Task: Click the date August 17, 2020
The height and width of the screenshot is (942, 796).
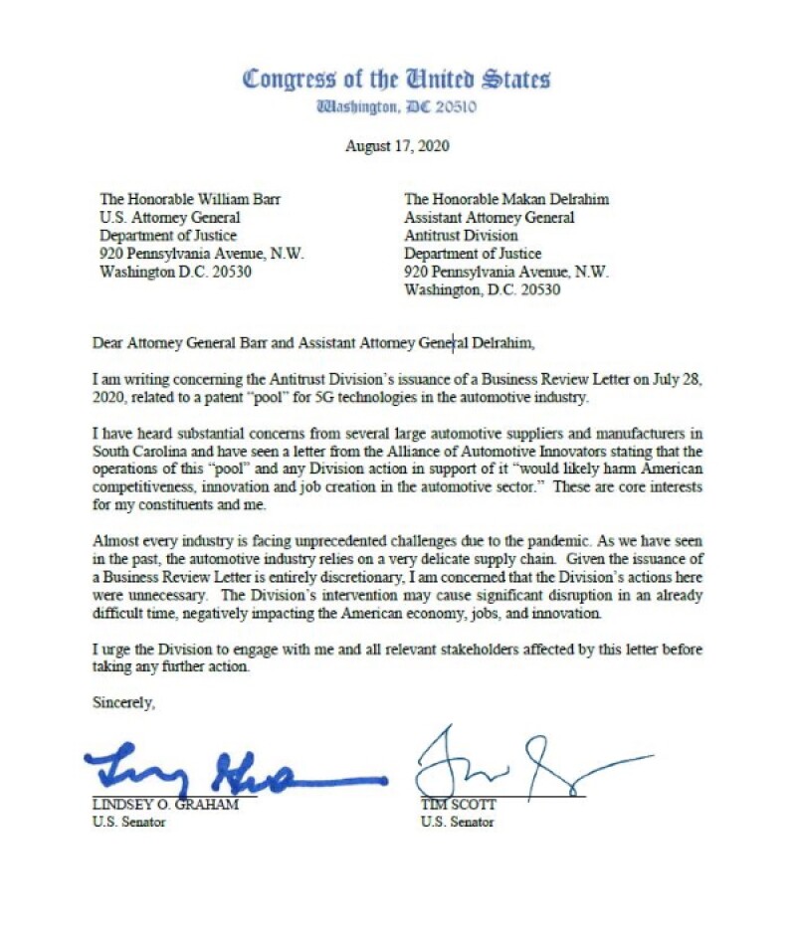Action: tap(397, 145)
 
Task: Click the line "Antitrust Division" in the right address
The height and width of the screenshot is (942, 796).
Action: tap(461, 235)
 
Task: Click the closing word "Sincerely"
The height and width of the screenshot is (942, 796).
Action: tap(124, 702)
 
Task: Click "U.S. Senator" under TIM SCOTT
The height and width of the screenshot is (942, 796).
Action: tap(457, 823)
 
